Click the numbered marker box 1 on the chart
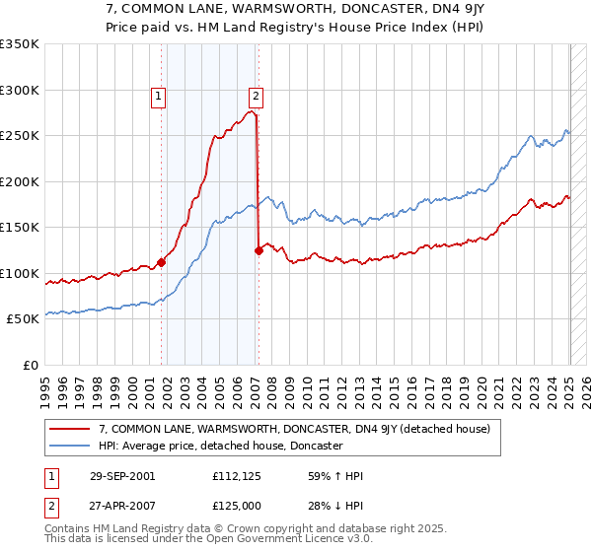[158, 96]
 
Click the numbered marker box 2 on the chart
[256, 96]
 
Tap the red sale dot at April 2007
[259, 250]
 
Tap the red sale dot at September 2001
[162, 262]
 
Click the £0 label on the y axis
[32, 365]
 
